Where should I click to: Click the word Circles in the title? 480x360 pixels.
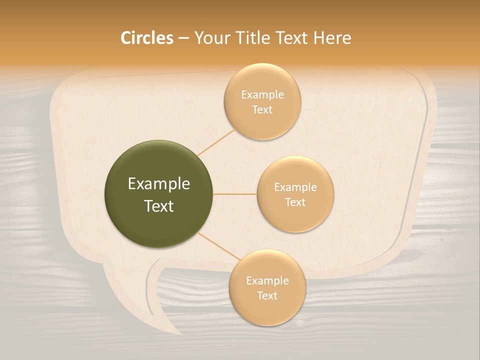147,38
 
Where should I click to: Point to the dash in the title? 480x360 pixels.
183,38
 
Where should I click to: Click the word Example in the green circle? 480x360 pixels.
159,184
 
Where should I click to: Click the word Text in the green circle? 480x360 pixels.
159,206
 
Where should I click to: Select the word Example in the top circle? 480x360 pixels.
262,95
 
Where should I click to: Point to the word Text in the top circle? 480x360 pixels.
262,109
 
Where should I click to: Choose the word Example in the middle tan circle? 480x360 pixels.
295,187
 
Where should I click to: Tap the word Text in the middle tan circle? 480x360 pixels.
295,202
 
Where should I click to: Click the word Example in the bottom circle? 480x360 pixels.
267,281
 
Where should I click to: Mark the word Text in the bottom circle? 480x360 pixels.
267,295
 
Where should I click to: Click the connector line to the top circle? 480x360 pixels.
216,142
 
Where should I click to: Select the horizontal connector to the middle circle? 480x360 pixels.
235,194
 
